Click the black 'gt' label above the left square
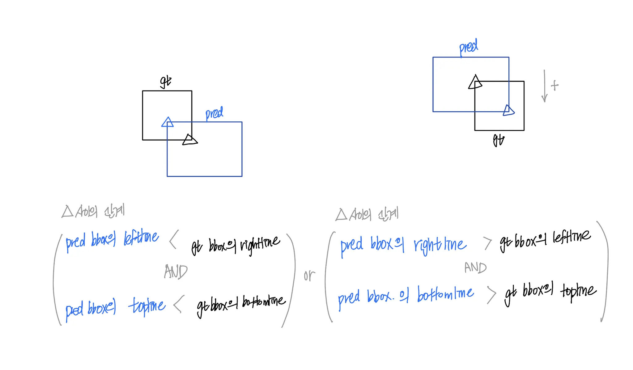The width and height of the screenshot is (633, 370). click(x=166, y=82)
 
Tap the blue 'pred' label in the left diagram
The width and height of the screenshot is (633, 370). click(x=214, y=113)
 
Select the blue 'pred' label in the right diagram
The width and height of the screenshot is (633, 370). click(x=469, y=47)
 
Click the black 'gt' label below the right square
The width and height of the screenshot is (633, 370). click(x=499, y=140)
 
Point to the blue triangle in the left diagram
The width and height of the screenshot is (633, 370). click(x=168, y=122)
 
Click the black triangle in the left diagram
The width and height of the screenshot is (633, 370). click(x=189, y=140)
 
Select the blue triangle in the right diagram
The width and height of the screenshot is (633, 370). click(x=508, y=111)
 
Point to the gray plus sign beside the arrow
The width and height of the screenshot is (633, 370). click(x=555, y=85)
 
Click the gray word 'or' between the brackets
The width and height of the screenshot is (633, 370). click(x=309, y=275)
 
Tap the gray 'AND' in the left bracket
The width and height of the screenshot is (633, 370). click(x=176, y=272)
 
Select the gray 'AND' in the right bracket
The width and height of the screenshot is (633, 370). click(x=475, y=267)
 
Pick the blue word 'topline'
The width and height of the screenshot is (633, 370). click(x=147, y=305)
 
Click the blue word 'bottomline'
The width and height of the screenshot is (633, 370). click(x=445, y=294)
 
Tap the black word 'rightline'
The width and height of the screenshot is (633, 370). click(x=260, y=244)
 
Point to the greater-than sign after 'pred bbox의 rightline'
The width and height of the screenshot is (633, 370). click(x=487, y=243)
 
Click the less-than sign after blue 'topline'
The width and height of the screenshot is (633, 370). click(x=179, y=304)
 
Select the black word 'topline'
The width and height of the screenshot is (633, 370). click(x=578, y=292)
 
